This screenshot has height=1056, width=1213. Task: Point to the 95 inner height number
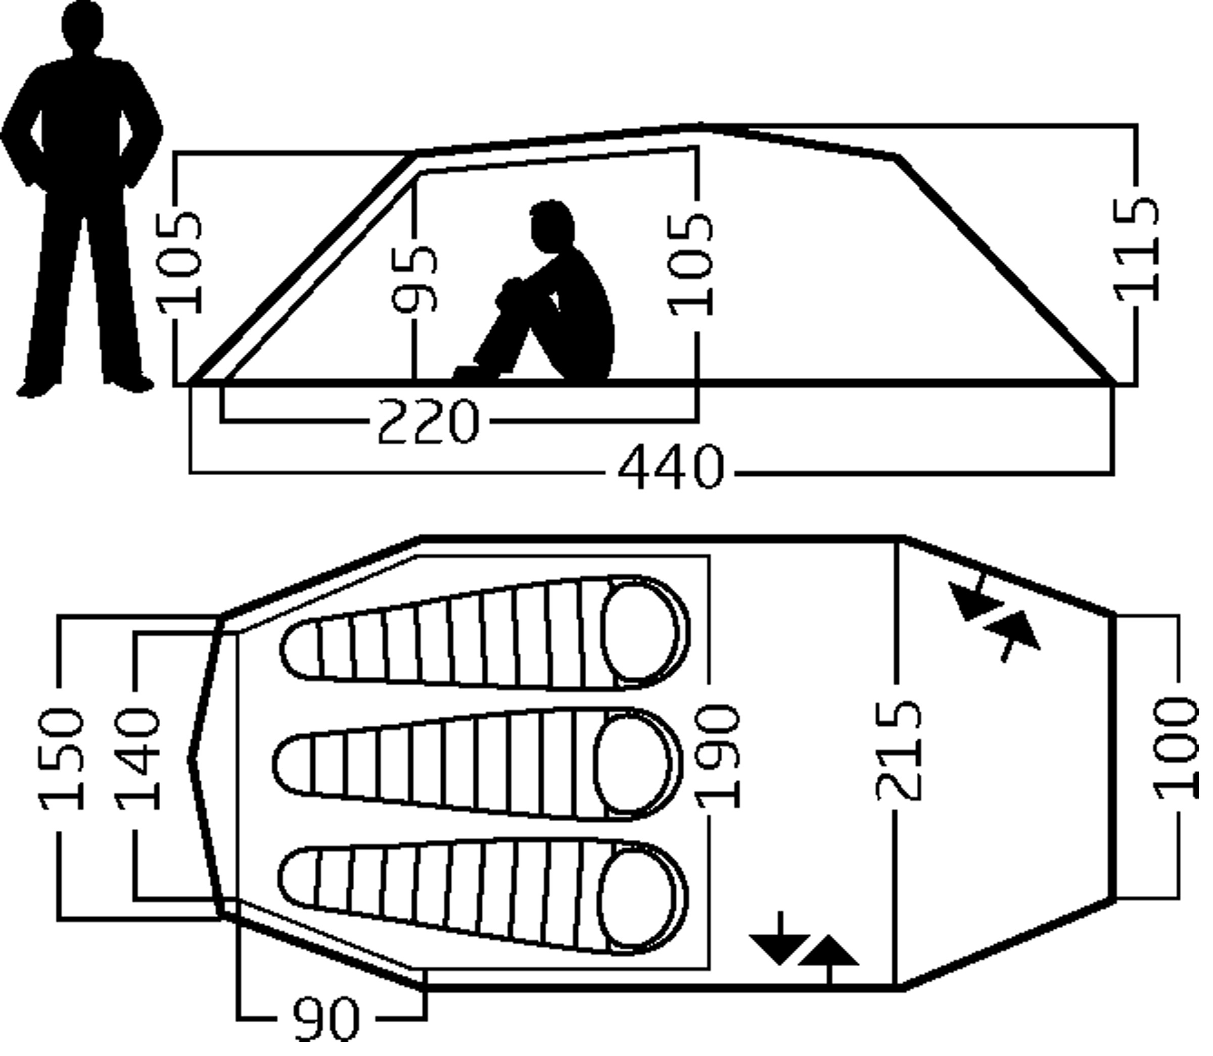click(x=415, y=279)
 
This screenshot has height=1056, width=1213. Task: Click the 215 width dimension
click(x=898, y=749)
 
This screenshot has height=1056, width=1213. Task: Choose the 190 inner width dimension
click(x=717, y=757)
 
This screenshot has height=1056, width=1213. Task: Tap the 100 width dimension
click(x=1177, y=748)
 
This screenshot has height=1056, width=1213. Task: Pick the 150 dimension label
click(x=61, y=759)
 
